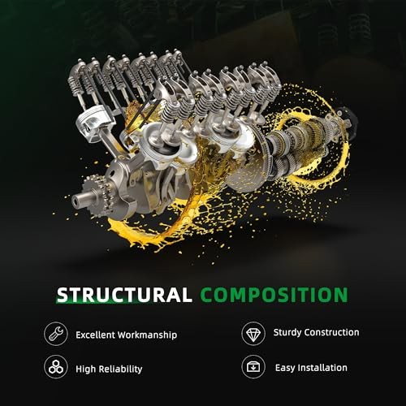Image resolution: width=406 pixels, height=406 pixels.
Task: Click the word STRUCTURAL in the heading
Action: pos(124,295)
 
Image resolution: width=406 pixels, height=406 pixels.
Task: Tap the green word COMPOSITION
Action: pos(274,295)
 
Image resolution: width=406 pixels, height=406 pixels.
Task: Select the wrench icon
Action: pos(56,334)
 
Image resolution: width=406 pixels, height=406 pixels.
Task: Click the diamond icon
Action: pos(253,334)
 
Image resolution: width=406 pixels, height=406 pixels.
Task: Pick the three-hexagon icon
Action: pos(56,367)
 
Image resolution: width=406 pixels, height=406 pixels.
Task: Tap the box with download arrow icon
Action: pos(253,367)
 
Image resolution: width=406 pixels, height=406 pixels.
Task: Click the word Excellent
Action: pos(95,335)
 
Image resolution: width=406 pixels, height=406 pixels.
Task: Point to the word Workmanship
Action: pos(148,335)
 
